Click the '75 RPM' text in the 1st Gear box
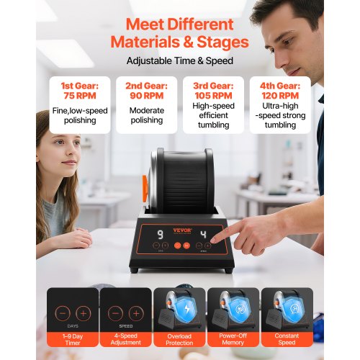tap(80, 96)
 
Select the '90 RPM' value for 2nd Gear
tap(147, 96)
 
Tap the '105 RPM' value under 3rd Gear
tap(213, 96)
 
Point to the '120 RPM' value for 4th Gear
tap(280, 96)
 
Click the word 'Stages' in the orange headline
tap(222, 42)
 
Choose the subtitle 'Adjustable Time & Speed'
tap(180, 60)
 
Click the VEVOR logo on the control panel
tap(182, 230)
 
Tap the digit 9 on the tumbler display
tap(161, 235)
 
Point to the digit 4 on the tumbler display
tap(204, 234)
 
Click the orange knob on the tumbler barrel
tap(145, 189)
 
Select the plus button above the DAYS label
tap(84, 313)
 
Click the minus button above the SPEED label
tap(115, 313)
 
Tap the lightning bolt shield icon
tap(187, 309)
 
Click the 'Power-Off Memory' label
tap(233, 339)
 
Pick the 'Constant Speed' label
tap(287, 339)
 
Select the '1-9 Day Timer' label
tap(73, 339)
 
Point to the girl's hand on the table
tap(77, 239)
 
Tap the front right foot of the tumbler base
tap(228, 271)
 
